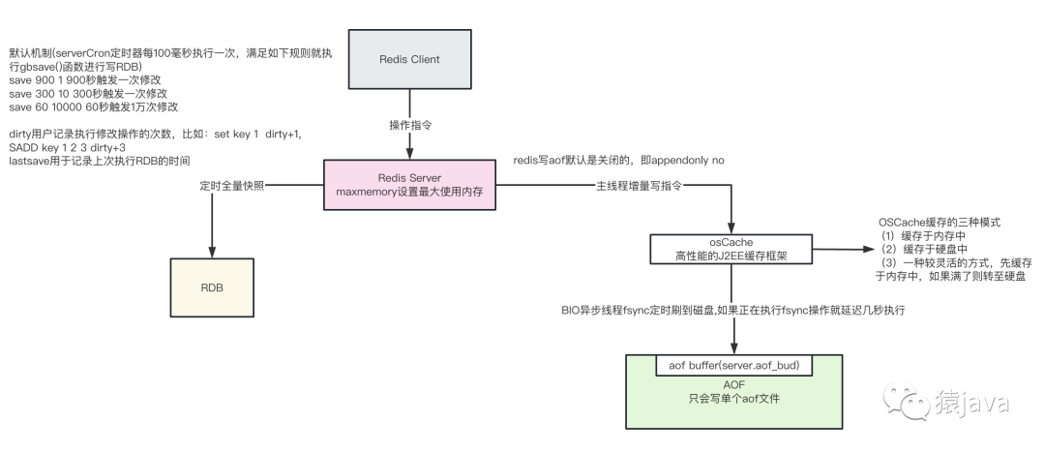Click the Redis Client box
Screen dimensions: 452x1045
(409, 60)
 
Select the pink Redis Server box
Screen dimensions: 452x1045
(409, 187)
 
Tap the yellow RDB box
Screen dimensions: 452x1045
(211, 287)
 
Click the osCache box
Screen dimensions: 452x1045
(731, 249)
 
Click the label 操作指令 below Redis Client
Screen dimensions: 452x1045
(409, 126)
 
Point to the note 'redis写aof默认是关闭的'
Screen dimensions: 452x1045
(618, 159)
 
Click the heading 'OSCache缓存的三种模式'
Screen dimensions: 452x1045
(939, 222)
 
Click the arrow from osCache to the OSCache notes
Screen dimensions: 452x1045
(837, 249)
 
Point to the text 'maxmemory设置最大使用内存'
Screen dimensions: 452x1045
(409, 195)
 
